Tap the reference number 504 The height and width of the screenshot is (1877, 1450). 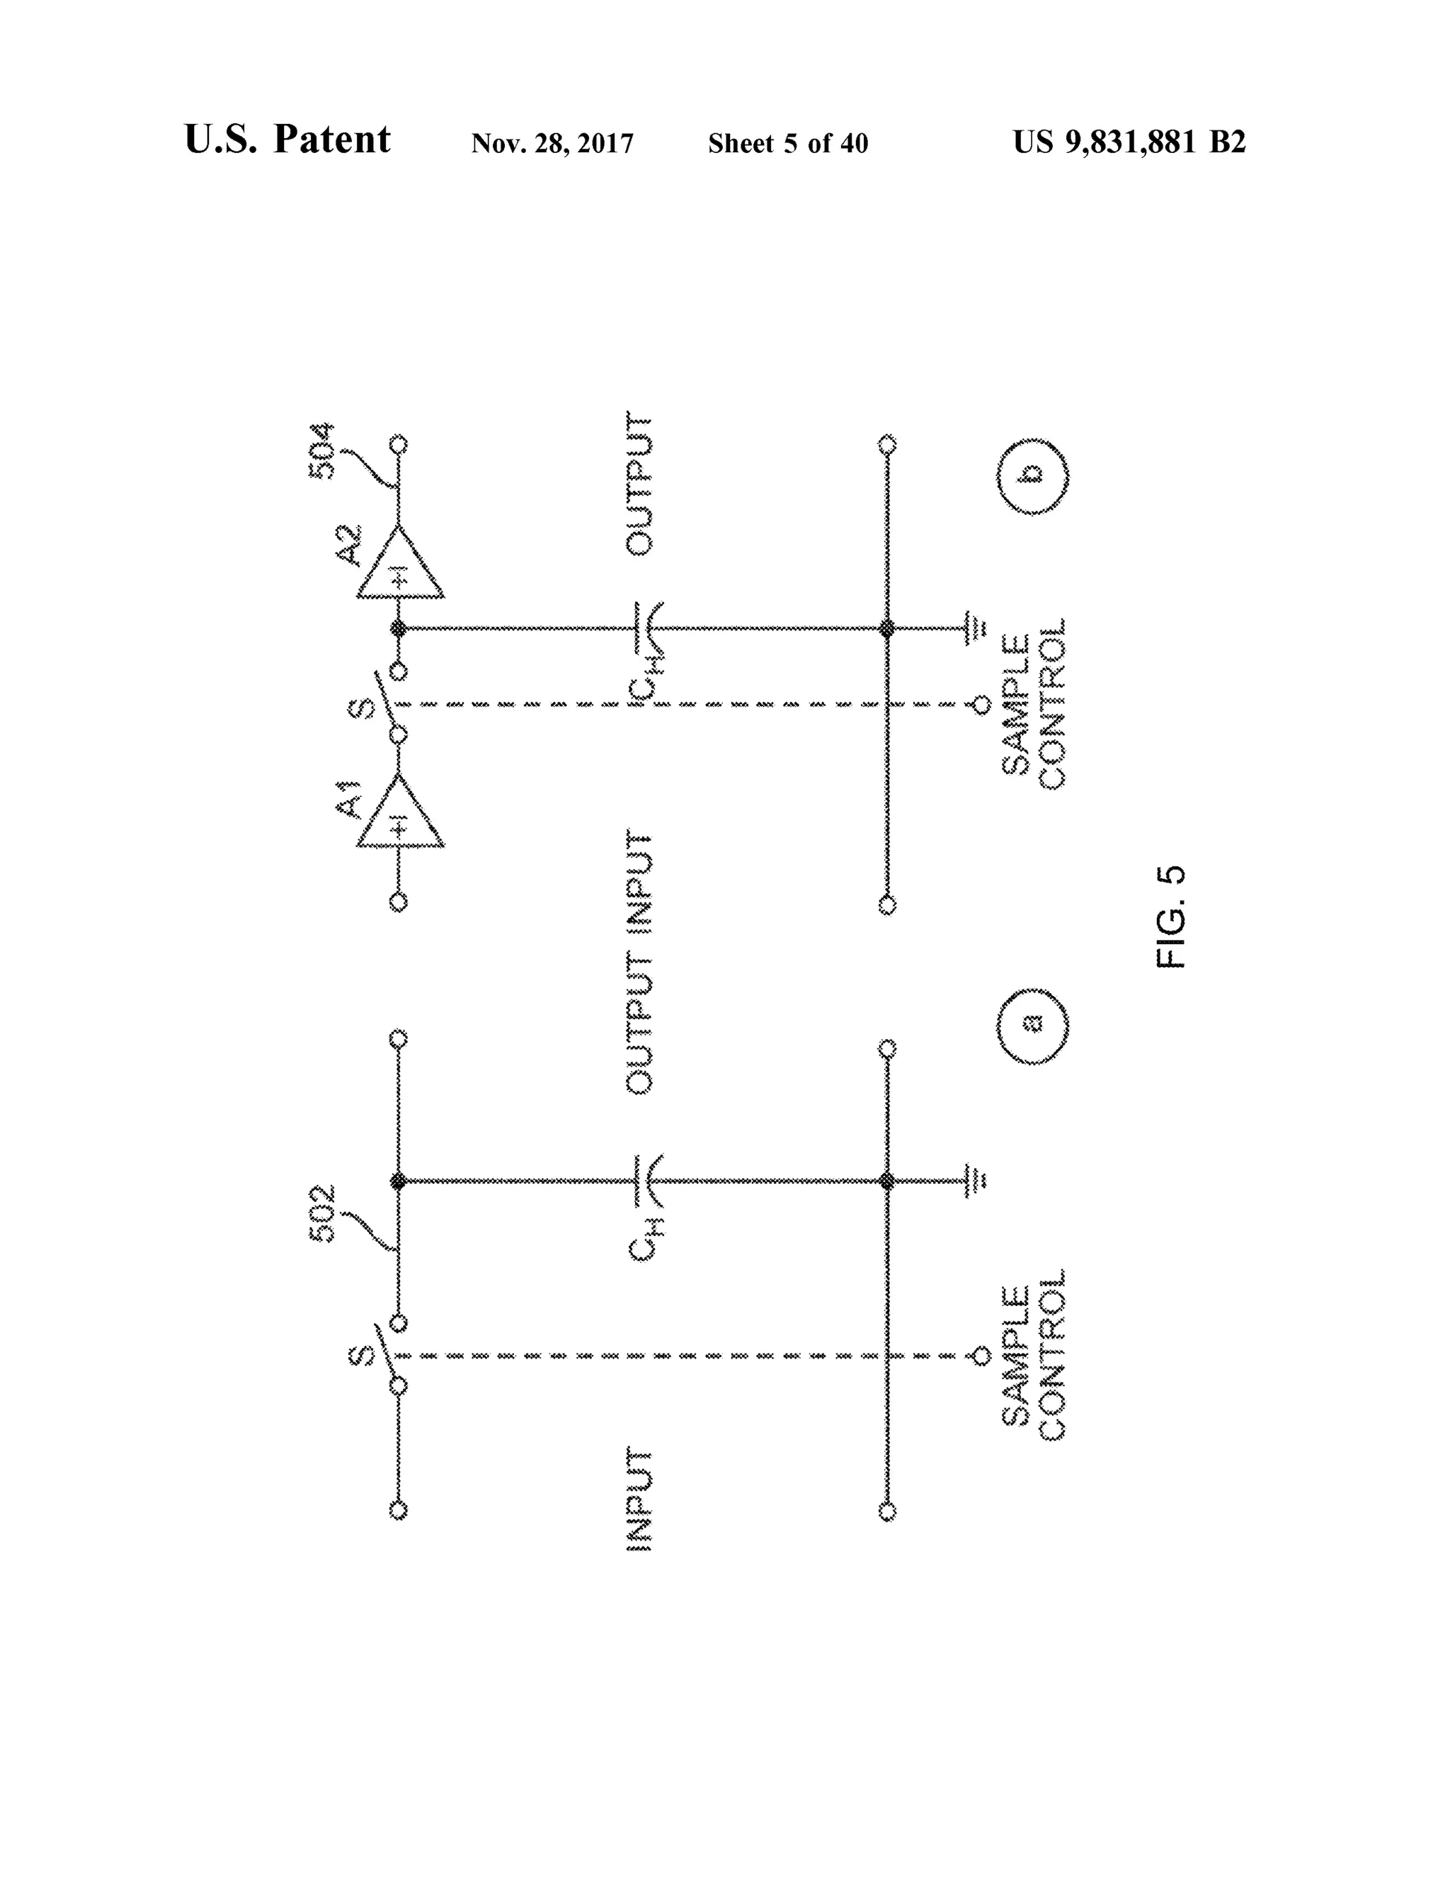coord(323,451)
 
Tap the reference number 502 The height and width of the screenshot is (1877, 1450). coord(323,1213)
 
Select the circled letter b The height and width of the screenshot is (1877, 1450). coord(1032,475)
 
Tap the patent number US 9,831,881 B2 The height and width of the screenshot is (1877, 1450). coord(1129,142)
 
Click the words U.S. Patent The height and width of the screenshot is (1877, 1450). coord(287,140)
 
